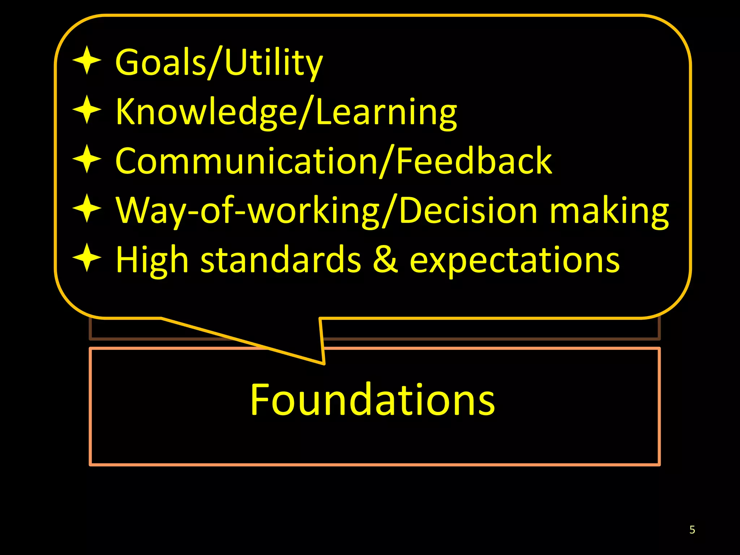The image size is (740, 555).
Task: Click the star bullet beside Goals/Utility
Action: coord(87,60)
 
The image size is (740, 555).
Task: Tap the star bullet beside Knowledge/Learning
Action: coord(87,109)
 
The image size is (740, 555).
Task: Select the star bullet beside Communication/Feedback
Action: coord(87,159)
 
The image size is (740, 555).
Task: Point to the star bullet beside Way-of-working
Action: coord(87,208)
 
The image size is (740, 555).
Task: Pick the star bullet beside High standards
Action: coord(87,258)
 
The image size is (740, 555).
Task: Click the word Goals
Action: coord(160,62)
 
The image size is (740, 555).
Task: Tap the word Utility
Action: coord(273,63)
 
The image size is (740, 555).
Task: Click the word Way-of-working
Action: coord(248,211)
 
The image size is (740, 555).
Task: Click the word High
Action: coord(152,261)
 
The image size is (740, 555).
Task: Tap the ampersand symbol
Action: coord(385,260)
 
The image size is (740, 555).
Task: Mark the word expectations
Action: coord(515,261)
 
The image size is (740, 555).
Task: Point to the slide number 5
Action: coord(692,530)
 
